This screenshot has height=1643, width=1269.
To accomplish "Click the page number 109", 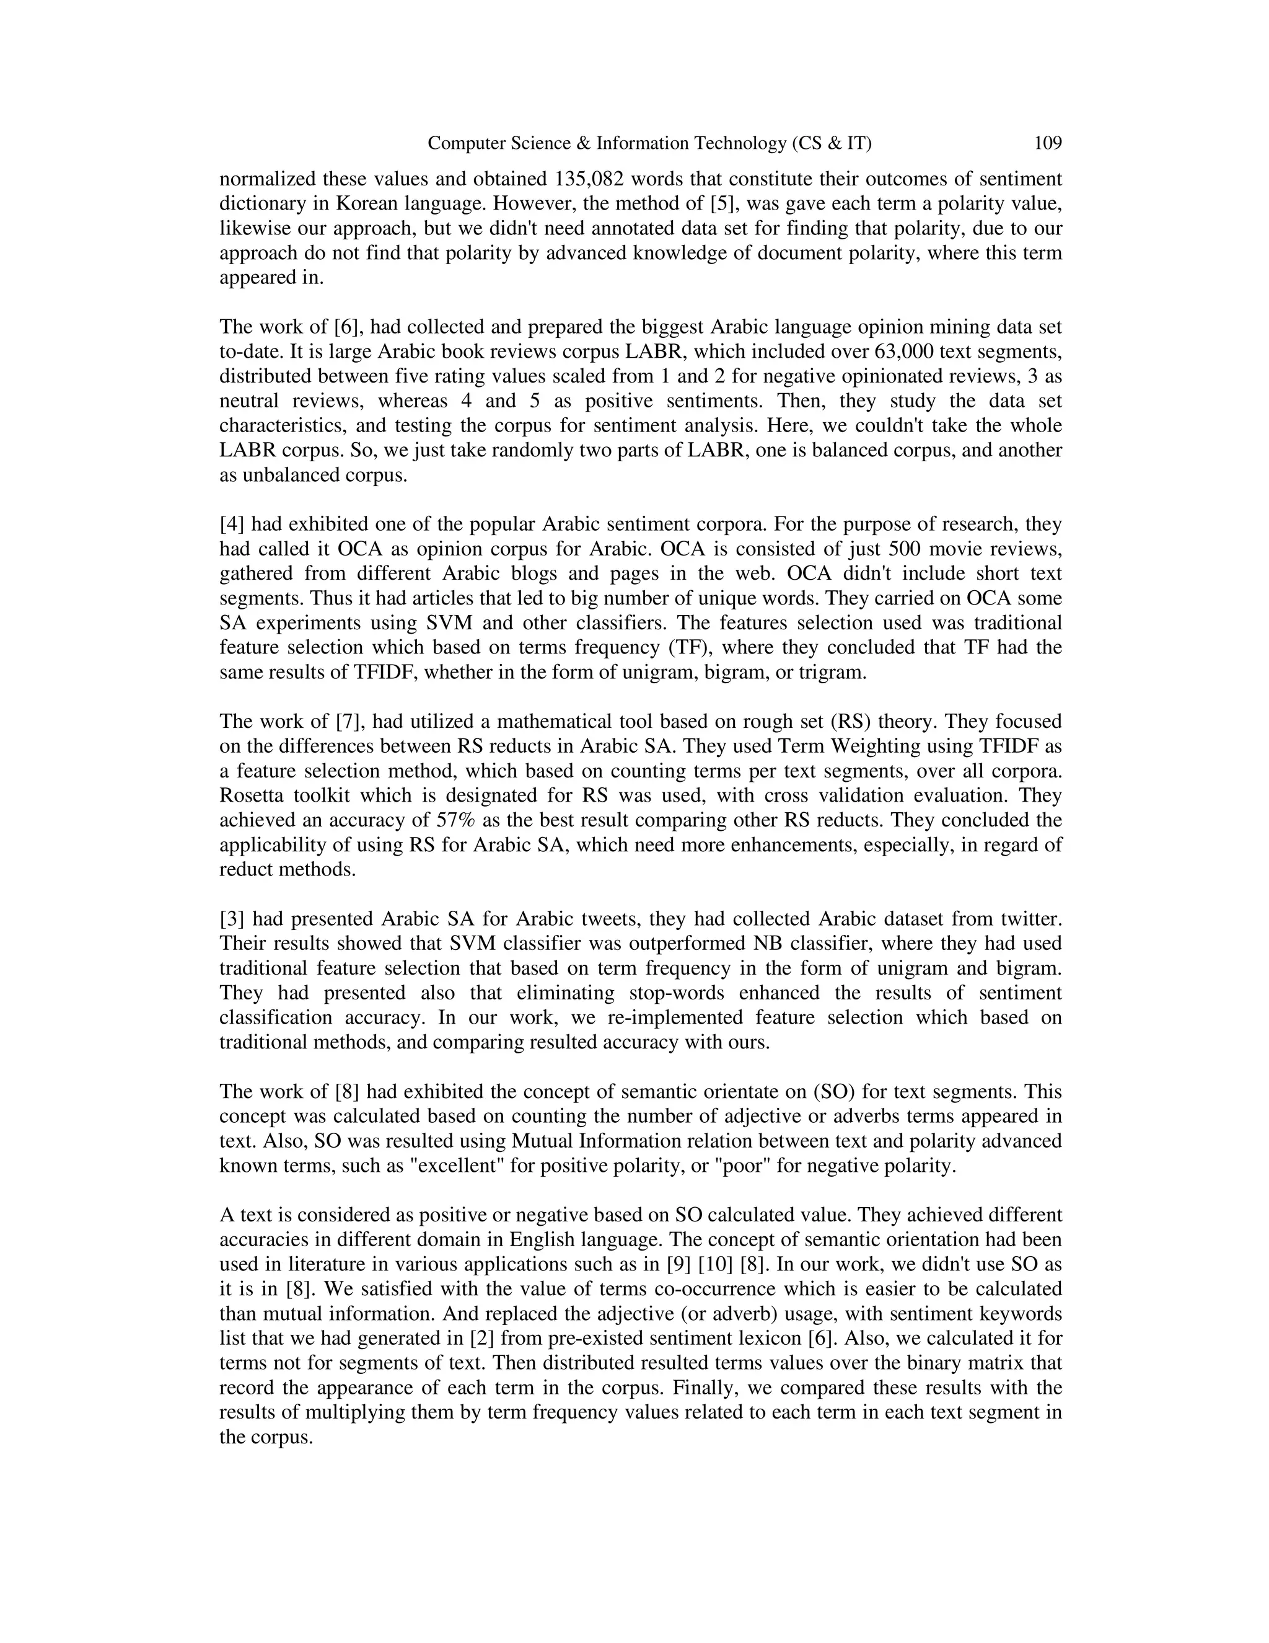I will pos(1047,143).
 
